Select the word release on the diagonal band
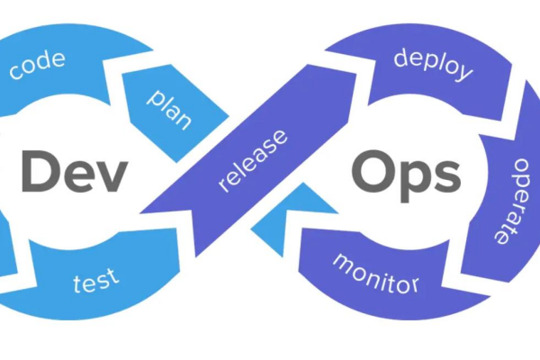point(254,163)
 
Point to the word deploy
point(433,64)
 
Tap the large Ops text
point(406,173)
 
